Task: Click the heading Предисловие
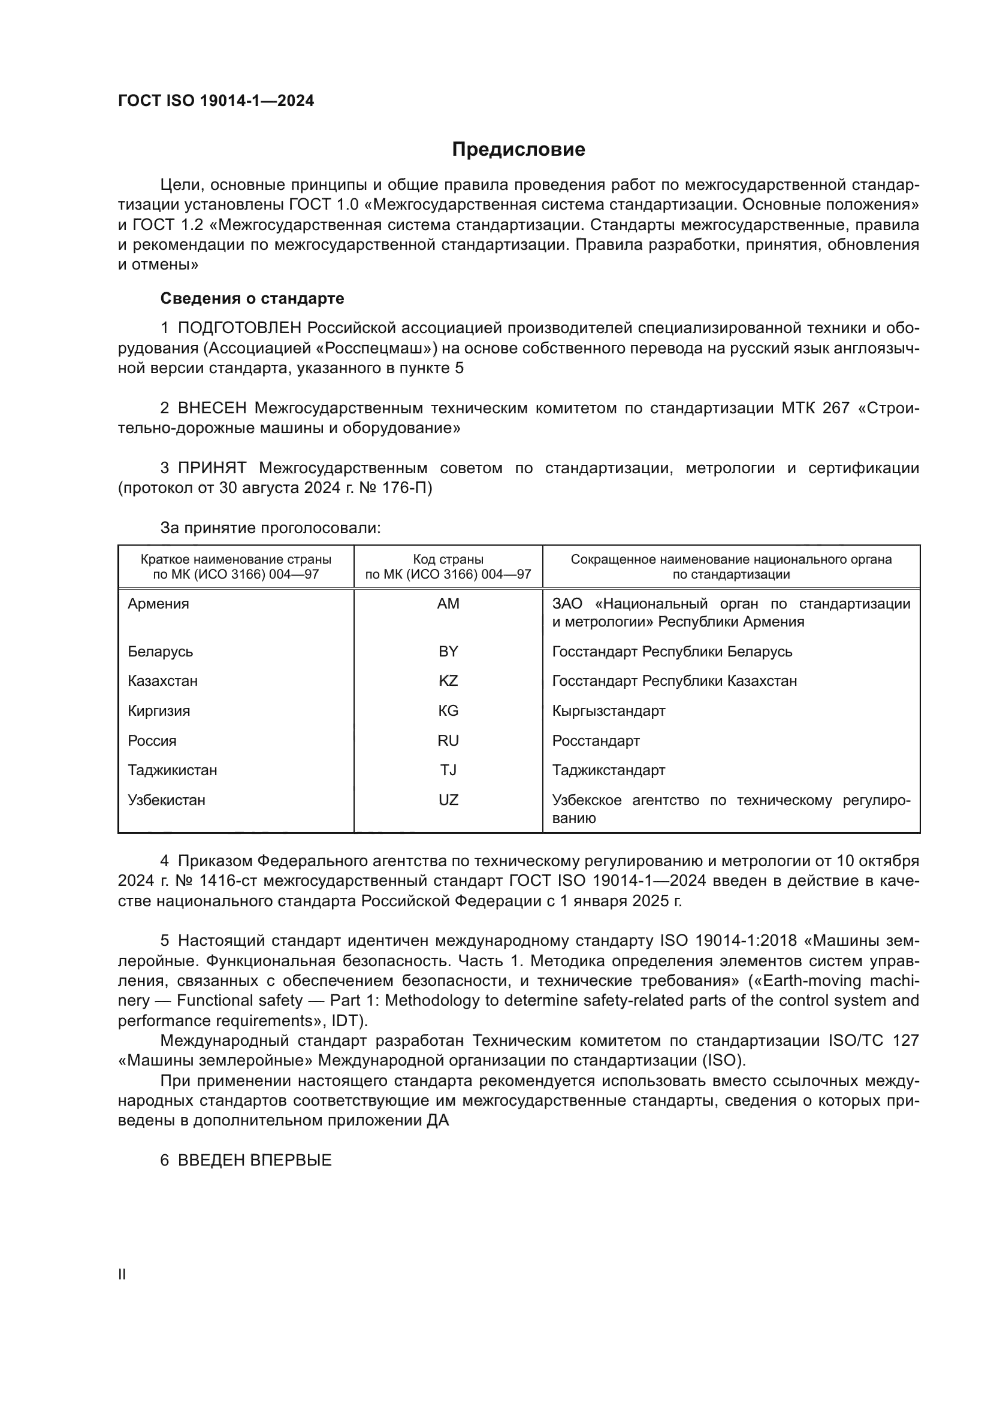tap(518, 150)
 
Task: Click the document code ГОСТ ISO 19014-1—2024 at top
tap(216, 101)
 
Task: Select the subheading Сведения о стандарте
tap(252, 298)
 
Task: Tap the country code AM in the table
tap(448, 604)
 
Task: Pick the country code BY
tap(448, 651)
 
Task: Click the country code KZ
tap(448, 681)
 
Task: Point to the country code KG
tap(448, 711)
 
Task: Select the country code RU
tap(448, 741)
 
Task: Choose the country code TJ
tap(448, 770)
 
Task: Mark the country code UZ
tap(448, 800)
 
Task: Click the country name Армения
tap(158, 604)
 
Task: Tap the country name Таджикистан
tap(172, 770)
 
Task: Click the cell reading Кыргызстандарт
tap(608, 711)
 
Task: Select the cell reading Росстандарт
tap(596, 741)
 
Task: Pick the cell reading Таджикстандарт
tap(608, 770)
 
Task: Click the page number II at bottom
tap(122, 1274)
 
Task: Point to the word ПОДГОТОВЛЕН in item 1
tap(239, 328)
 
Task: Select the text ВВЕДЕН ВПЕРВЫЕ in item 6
tap(255, 1161)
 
